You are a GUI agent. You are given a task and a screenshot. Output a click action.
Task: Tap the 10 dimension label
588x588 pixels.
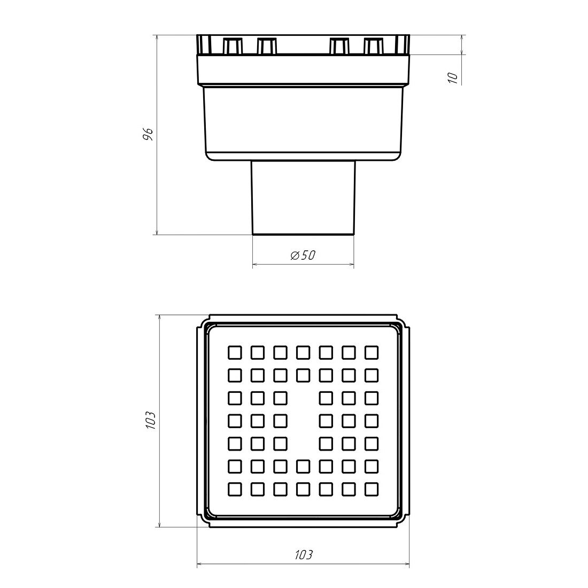coord(453,78)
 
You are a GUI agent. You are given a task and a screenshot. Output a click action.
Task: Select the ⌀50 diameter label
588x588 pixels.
coord(303,256)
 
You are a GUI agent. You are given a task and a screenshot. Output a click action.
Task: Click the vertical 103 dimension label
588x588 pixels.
coord(150,420)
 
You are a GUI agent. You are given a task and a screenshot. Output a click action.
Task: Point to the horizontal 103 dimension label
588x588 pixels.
coord(304,554)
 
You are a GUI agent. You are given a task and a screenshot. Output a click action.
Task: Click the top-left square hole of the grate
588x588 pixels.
coord(235,352)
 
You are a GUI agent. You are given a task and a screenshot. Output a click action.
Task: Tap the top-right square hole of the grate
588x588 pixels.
coord(372,352)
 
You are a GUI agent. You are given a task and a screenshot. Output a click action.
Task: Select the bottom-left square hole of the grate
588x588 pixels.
coord(235,489)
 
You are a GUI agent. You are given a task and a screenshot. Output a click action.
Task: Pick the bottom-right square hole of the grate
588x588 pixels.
coord(372,489)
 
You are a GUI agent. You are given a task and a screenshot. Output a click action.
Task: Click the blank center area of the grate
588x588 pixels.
coord(303,421)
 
